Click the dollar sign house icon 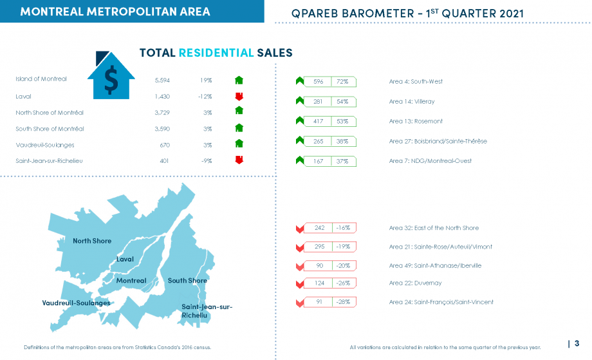pos(111,75)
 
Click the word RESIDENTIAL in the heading pos(216,53)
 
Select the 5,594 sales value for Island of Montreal pos(162,81)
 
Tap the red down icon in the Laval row pos(239,97)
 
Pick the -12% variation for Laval pos(205,97)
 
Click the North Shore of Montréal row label pos(50,113)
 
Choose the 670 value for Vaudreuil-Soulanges pos(165,145)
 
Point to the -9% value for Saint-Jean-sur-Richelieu pos(207,161)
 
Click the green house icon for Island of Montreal pos(239,80)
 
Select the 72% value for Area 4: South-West pos(342,82)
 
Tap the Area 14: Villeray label pos(412,102)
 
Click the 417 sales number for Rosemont pos(319,121)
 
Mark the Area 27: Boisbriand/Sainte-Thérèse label pos(438,141)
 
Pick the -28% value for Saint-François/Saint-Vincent pos(343,302)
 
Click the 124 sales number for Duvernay pos(319,283)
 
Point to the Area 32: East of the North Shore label pos(434,228)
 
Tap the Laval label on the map pos(125,259)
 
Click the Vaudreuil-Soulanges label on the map pos(77,303)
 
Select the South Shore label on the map pos(187,281)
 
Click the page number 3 pos(577,343)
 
